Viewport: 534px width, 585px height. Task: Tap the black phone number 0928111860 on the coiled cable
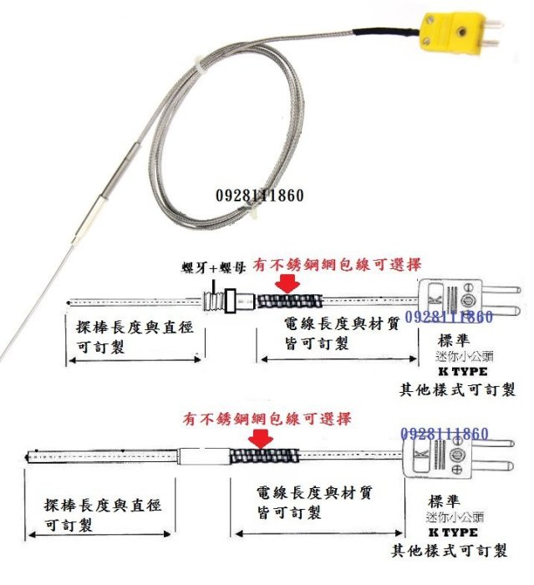tap(259, 196)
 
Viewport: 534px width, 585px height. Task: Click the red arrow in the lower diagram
tap(262, 438)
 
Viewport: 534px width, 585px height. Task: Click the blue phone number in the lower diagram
tap(444, 434)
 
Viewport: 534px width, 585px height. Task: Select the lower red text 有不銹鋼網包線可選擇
tap(268, 417)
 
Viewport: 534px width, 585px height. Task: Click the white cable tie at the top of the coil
tap(198, 64)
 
